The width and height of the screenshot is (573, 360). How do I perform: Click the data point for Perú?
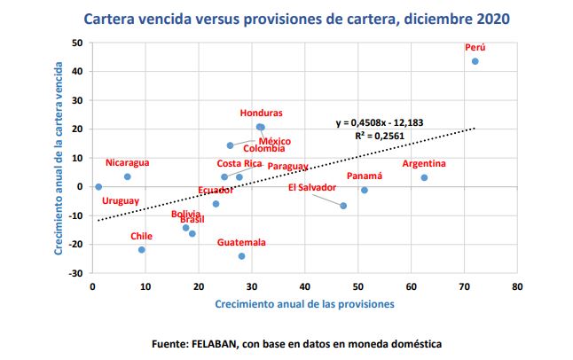pyautogui.click(x=475, y=61)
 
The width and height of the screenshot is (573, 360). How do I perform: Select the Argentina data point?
pyautogui.click(x=424, y=177)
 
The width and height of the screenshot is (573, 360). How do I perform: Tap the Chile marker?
pyautogui.click(x=141, y=250)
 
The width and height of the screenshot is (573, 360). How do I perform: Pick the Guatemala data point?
pyautogui.click(x=241, y=256)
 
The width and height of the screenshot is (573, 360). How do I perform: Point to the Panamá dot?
pyautogui.click(x=364, y=190)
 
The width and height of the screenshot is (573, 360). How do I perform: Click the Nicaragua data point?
pyautogui.click(x=127, y=176)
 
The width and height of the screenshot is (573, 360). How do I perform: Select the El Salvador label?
pyautogui.click(x=312, y=187)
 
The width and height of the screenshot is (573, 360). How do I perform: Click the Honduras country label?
pyautogui.click(x=262, y=113)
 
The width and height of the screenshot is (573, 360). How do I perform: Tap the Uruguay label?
pyautogui.click(x=120, y=201)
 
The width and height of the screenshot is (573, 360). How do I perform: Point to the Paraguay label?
pyautogui.click(x=287, y=167)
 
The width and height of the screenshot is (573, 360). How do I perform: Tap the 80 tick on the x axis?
pyautogui.click(x=517, y=287)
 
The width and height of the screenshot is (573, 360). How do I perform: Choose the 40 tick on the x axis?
pyautogui.click(x=304, y=287)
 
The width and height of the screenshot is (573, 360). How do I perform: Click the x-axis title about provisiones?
pyautogui.click(x=304, y=304)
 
